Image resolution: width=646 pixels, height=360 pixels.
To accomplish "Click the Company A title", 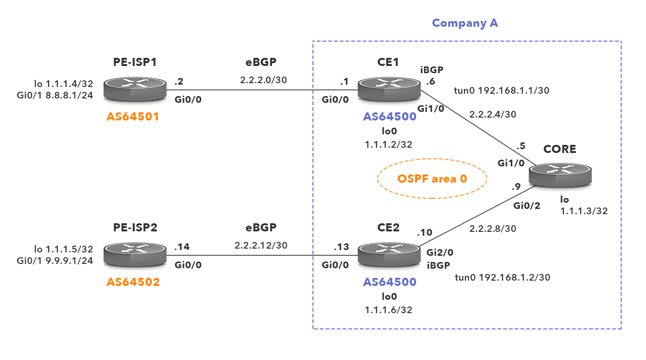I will point(465,23).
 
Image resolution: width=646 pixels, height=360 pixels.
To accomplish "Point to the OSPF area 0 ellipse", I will point(431,179).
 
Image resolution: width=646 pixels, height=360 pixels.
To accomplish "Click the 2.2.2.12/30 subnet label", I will point(261,245).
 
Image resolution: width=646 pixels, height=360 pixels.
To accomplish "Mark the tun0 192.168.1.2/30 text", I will point(506,277).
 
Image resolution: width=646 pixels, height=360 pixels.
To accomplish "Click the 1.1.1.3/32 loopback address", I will point(584,210).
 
